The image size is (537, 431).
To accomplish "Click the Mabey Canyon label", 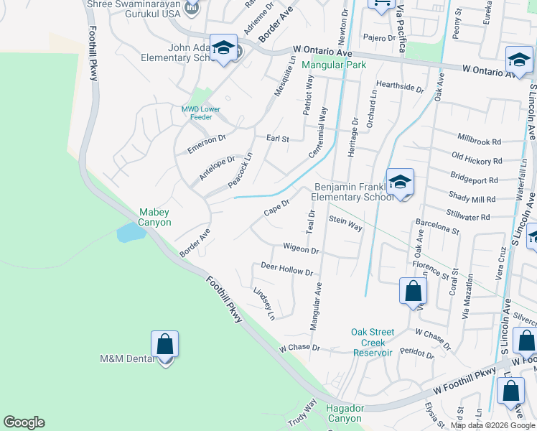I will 155,217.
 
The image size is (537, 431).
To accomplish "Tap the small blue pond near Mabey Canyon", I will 128,232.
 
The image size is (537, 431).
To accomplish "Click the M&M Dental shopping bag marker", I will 165,345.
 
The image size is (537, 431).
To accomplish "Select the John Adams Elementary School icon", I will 224,48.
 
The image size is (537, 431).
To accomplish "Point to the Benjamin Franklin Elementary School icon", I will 399,182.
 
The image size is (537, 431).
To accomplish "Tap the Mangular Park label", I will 334,65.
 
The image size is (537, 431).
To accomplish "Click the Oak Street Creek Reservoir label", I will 373,342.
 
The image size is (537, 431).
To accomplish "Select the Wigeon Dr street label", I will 301,249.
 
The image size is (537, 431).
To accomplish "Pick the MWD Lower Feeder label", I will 200,113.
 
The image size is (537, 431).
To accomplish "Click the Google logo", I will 24,422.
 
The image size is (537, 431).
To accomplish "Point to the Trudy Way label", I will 302,415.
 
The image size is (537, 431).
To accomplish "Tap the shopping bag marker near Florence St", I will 413,292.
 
